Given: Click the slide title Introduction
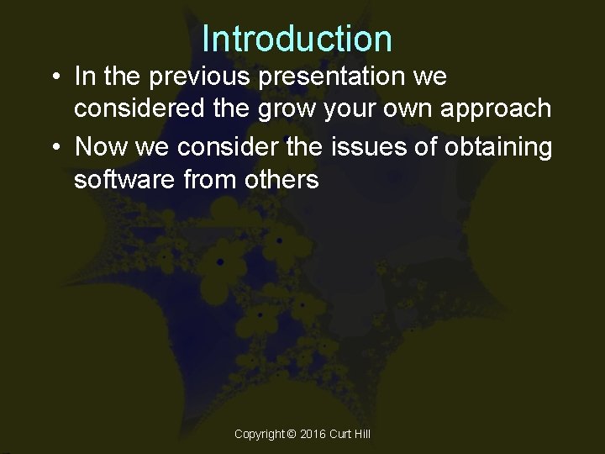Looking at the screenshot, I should click(x=297, y=39).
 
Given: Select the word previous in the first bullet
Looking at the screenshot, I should click(x=189, y=77).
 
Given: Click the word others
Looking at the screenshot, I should click(x=278, y=180).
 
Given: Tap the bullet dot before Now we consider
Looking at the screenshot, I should click(x=54, y=148).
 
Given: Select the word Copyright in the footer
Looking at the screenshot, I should click(x=260, y=434).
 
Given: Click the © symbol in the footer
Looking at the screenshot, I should click(x=292, y=434).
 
